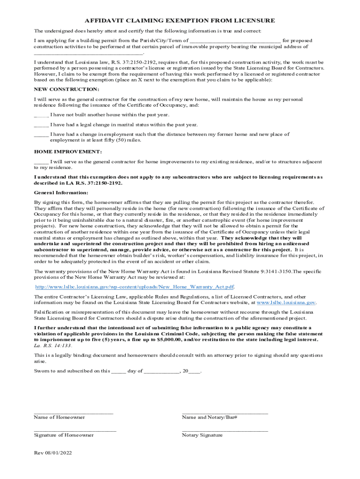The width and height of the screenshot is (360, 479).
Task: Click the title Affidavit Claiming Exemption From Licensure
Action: (x=180, y=21)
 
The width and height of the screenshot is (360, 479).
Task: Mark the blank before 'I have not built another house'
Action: (x=41, y=115)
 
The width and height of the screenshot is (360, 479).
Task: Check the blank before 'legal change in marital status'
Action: (x=41, y=125)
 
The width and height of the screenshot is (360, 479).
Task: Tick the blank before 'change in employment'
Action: (x=41, y=135)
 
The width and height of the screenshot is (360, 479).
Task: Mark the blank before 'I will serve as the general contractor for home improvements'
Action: (x=41, y=162)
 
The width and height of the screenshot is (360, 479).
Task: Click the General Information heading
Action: (x=61, y=193)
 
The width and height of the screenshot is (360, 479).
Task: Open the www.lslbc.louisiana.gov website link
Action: (x=284, y=303)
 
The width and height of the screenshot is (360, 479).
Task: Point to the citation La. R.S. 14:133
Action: (x=53, y=345)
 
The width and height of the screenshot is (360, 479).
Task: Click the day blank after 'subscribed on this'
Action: (x=119, y=371)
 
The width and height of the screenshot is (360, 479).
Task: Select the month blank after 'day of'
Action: (x=161, y=371)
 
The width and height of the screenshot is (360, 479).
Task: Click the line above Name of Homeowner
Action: (x=73, y=413)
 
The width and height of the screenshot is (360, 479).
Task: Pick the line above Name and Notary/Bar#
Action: (x=225, y=413)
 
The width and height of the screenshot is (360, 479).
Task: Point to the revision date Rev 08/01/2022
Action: (x=53, y=453)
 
